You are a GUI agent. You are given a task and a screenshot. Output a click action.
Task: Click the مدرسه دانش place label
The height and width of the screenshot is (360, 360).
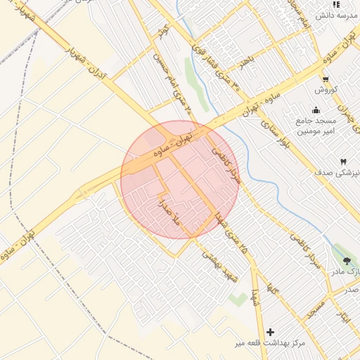click(x=333, y=15)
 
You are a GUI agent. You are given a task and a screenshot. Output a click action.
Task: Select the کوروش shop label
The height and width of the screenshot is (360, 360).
click(x=326, y=89)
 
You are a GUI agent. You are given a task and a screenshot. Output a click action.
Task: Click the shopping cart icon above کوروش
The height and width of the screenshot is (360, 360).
click(x=326, y=79)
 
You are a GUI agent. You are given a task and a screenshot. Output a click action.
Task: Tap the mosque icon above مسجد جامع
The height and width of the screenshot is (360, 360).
click(x=316, y=109)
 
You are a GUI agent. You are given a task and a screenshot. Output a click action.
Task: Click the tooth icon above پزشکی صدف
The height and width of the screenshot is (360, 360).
click(x=344, y=162)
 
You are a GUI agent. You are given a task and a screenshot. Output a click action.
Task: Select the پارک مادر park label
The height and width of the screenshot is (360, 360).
click(x=346, y=271)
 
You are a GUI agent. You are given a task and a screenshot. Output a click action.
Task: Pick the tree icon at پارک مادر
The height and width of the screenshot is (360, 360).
click(x=346, y=260)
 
